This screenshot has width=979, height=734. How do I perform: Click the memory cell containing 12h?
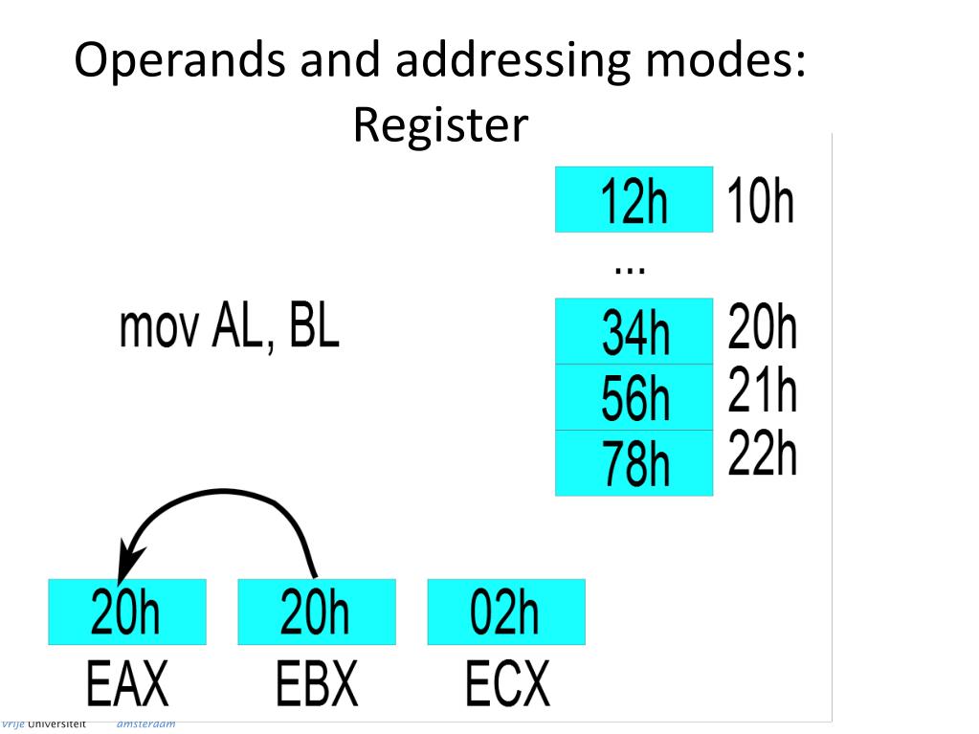634,199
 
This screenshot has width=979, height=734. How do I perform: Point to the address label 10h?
761,202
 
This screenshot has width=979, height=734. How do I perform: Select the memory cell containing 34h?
634,331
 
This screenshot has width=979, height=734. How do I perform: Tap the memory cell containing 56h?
634,397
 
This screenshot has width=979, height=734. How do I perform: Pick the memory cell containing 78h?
634,463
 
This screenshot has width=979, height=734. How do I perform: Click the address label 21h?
763,390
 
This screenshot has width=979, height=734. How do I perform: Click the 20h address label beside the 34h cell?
763,327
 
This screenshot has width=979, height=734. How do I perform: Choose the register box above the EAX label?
127,612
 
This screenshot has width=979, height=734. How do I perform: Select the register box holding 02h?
506,612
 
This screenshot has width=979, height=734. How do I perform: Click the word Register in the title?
440,125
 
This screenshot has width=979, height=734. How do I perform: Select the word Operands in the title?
181,63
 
